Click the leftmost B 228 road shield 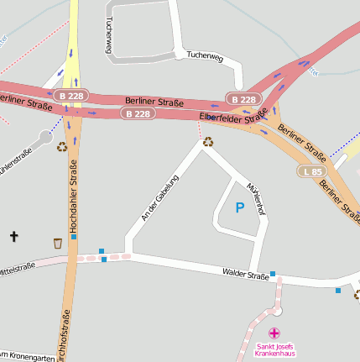pyautogui.click(x=71, y=96)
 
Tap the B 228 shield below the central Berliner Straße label pyautogui.click(x=138, y=113)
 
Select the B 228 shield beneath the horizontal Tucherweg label pyautogui.click(x=243, y=100)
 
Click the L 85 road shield pyautogui.click(x=311, y=171)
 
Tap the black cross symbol pyautogui.click(x=13, y=237)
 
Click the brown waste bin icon pyautogui.click(x=57, y=243)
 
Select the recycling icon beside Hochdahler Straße pyautogui.click(x=62, y=147)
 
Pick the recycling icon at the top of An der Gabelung pyautogui.click(x=207, y=142)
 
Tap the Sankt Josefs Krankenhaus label pyautogui.click(x=275, y=349)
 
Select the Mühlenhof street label pyautogui.click(x=255, y=197)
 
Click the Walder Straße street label pyautogui.click(x=245, y=274)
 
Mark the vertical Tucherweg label pyautogui.click(x=108, y=38)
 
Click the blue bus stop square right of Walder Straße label pyautogui.click(x=273, y=274)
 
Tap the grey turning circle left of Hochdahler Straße pyautogui.click(x=45, y=136)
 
